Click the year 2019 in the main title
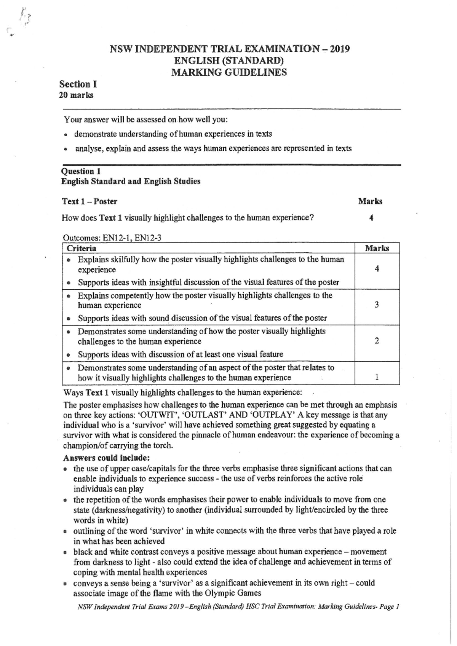[x=340, y=49]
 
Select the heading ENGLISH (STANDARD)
[x=229, y=61]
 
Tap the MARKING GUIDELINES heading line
[x=229, y=72]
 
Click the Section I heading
[x=78, y=84]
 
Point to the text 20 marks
[x=76, y=95]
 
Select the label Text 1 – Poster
[x=89, y=201]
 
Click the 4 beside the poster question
[x=371, y=218]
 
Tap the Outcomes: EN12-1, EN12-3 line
[x=112, y=238]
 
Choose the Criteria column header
[x=81, y=248]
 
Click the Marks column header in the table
[x=377, y=248]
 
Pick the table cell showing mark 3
[x=377, y=305]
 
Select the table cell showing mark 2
[x=377, y=341]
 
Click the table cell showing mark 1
[x=377, y=377]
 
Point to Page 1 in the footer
[x=389, y=607]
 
